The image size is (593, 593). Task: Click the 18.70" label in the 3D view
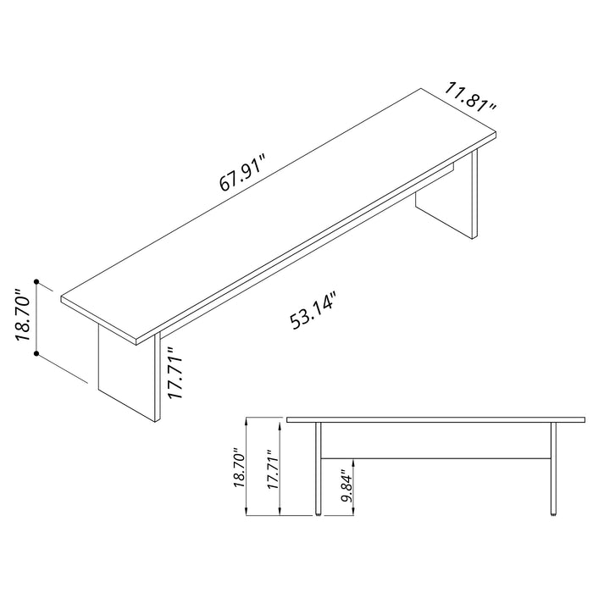click(x=23, y=315)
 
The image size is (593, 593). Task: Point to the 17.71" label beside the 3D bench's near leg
click(x=174, y=374)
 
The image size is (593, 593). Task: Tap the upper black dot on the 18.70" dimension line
click(x=36, y=280)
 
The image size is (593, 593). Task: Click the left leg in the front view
click(x=319, y=466)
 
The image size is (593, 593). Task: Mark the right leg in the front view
click(x=553, y=466)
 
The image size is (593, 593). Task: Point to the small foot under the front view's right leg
click(x=553, y=513)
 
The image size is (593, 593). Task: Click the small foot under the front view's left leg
click(x=319, y=513)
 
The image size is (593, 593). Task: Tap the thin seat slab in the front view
click(x=435, y=419)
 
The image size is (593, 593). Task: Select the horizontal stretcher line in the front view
click(x=435, y=457)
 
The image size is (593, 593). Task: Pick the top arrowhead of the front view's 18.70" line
click(x=247, y=420)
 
